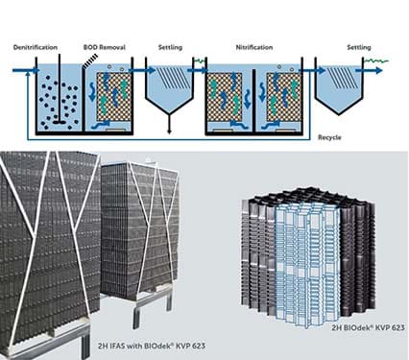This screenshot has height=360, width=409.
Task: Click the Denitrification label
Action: [x=37, y=47]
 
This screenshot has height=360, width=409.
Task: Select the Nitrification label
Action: [x=254, y=47]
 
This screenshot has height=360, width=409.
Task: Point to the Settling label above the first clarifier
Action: [x=171, y=47]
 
